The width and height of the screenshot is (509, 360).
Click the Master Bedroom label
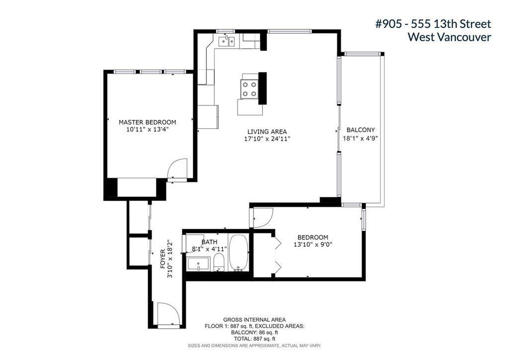[x=147, y=122]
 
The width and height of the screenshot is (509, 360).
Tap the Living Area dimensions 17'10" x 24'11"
[x=267, y=139]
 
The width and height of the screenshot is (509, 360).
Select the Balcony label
[x=361, y=130]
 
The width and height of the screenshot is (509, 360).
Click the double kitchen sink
[x=227, y=41]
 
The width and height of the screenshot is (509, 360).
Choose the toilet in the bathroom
[x=219, y=262]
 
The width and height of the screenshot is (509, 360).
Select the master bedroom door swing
[x=177, y=168]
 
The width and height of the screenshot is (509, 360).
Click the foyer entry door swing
[x=168, y=313]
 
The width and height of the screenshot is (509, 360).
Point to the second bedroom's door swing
[x=263, y=217]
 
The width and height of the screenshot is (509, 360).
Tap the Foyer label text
[x=163, y=259]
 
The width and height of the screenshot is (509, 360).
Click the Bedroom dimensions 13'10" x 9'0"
[x=313, y=245]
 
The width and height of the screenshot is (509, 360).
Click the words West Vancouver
[x=449, y=37]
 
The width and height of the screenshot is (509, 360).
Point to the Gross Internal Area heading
[x=254, y=320]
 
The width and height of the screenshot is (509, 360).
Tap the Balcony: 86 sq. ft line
[x=254, y=333]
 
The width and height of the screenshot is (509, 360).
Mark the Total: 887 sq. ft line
[x=254, y=339]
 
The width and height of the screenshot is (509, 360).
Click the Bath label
[x=209, y=242]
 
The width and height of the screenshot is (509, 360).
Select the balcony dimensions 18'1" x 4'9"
[x=360, y=138]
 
